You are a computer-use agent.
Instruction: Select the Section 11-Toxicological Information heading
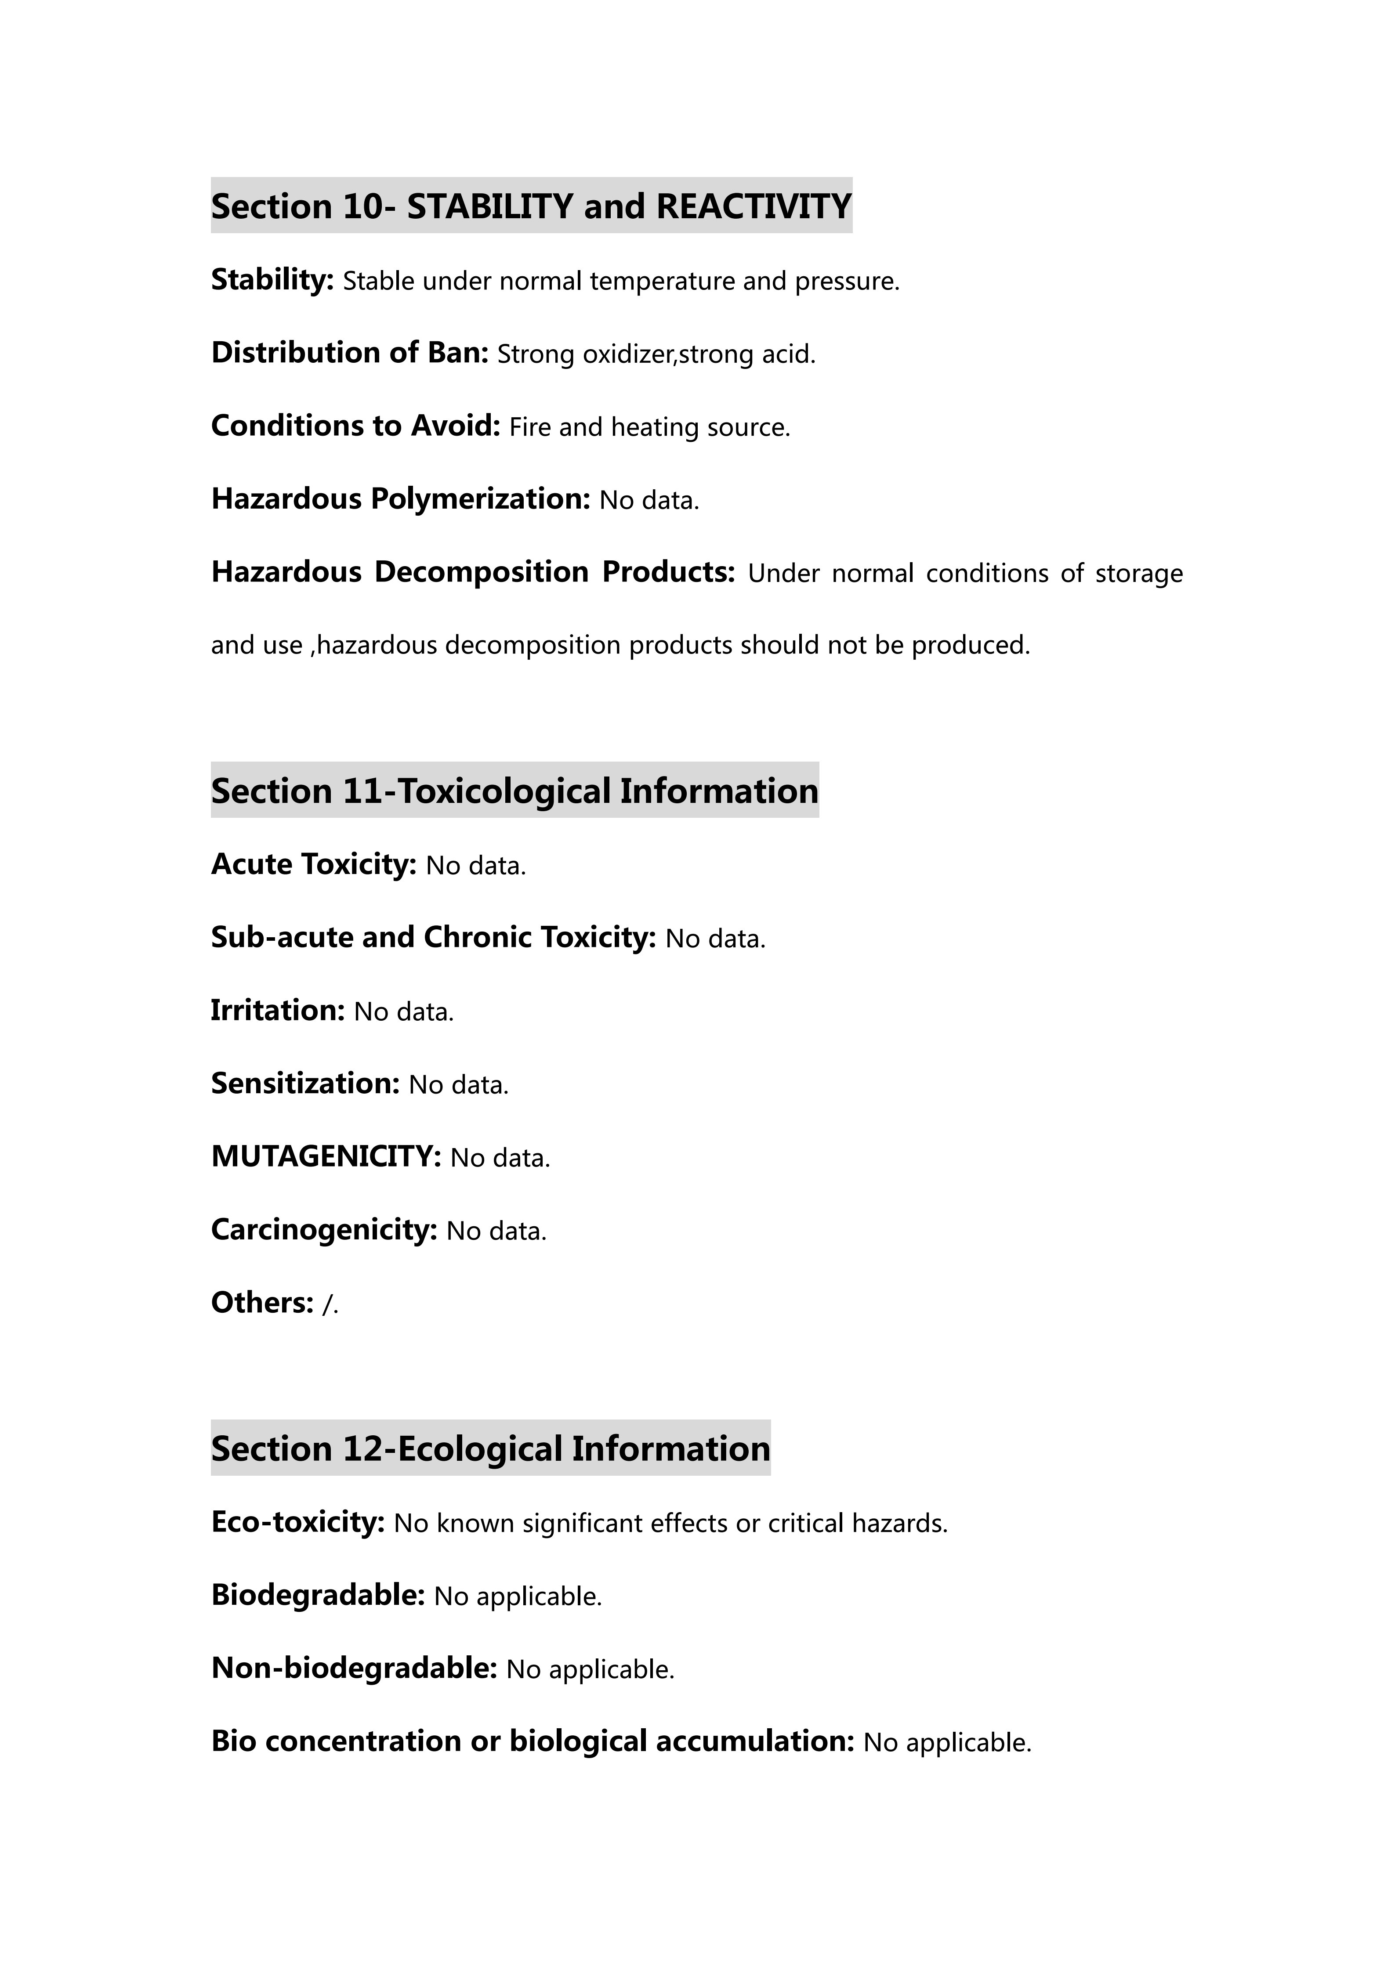point(515,790)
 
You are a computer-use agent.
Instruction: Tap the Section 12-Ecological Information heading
point(490,1448)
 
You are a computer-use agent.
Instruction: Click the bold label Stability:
point(272,280)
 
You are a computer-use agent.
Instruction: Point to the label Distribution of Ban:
point(350,353)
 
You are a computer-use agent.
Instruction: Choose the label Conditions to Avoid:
point(355,426)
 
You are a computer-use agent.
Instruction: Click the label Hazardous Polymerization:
point(400,499)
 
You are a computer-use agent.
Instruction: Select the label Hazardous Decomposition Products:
point(473,572)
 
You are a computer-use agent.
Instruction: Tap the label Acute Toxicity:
point(314,864)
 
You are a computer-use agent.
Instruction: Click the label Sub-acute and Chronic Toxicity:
point(434,937)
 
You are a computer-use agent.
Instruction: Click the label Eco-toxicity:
point(298,1522)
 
